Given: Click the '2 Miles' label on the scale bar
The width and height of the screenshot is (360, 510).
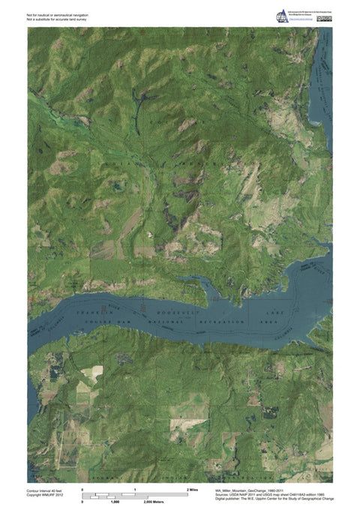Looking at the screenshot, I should pos(193,489).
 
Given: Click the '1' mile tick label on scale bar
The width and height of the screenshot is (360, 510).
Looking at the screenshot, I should pos(135,489).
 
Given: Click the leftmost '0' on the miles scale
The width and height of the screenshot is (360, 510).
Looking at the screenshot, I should pos(82,489).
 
